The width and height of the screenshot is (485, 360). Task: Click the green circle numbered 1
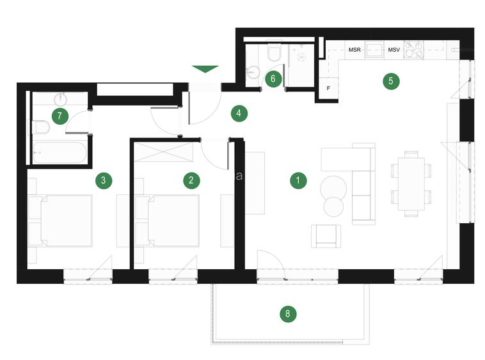298,180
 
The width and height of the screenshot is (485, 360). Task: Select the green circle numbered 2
191,180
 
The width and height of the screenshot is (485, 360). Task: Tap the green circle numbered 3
104,180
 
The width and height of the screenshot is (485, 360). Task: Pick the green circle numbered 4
238,114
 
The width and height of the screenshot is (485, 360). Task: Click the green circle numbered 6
273,79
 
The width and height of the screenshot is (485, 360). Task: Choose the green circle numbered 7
60,116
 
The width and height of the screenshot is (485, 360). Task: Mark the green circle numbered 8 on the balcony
288,313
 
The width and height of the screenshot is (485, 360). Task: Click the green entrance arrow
205,69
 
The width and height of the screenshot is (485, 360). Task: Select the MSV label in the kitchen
394,50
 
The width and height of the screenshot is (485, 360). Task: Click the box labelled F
328,88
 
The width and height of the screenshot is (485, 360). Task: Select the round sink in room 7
62,100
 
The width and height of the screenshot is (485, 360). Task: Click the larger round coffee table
333,188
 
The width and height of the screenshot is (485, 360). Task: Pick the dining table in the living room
409,184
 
